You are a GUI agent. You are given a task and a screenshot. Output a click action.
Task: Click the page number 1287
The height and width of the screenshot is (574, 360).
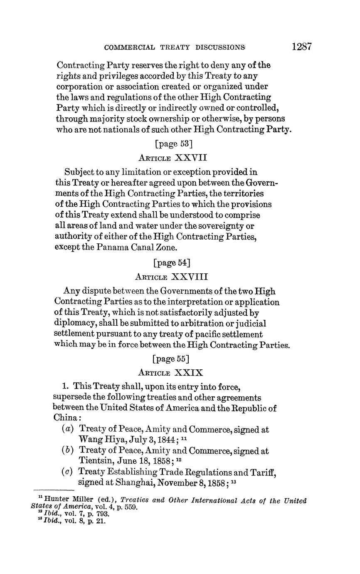point(301,46)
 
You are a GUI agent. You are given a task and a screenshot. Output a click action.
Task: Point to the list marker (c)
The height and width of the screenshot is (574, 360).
point(67,472)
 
